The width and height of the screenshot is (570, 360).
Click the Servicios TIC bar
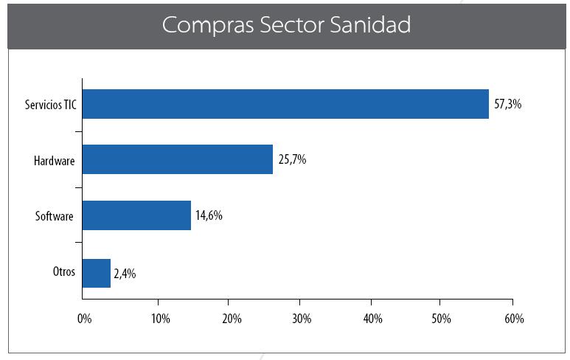(285, 104)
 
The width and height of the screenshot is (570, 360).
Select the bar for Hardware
(177, 159)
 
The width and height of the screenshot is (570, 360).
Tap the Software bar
(136, 215)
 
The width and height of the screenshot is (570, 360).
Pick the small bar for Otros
(96, 272)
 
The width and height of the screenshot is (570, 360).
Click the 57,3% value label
(507, 105)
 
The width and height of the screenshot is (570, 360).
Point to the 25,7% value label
(292, 160)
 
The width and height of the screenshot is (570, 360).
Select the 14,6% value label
(209, 216)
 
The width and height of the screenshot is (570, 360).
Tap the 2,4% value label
(125, 274)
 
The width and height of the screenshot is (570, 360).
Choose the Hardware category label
(55, 160)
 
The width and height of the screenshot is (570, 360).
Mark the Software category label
(55, 216)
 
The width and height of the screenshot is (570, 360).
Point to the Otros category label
(63, 271)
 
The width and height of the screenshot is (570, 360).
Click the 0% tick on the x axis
(84, 319)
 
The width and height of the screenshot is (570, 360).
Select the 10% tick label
(160, 319)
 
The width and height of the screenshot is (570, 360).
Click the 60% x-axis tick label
(514, 319)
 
